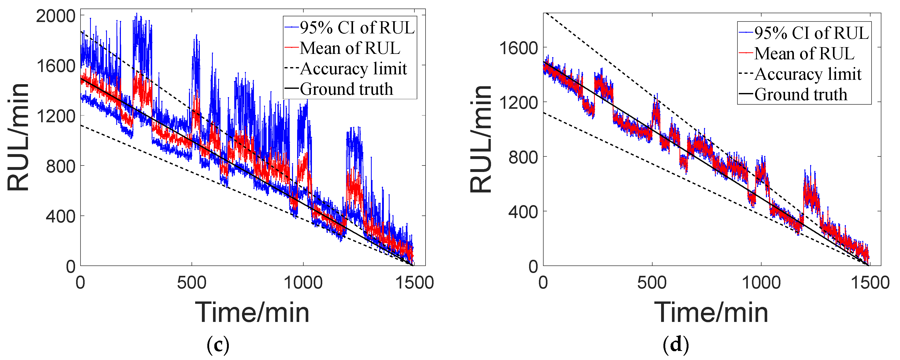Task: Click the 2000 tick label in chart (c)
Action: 56,16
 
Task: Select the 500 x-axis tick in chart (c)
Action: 192,282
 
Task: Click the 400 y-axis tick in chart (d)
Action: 523,211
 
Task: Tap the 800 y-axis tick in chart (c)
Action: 61,166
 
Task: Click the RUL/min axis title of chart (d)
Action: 481,139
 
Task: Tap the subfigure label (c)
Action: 218,345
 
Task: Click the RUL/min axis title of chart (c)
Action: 18,137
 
